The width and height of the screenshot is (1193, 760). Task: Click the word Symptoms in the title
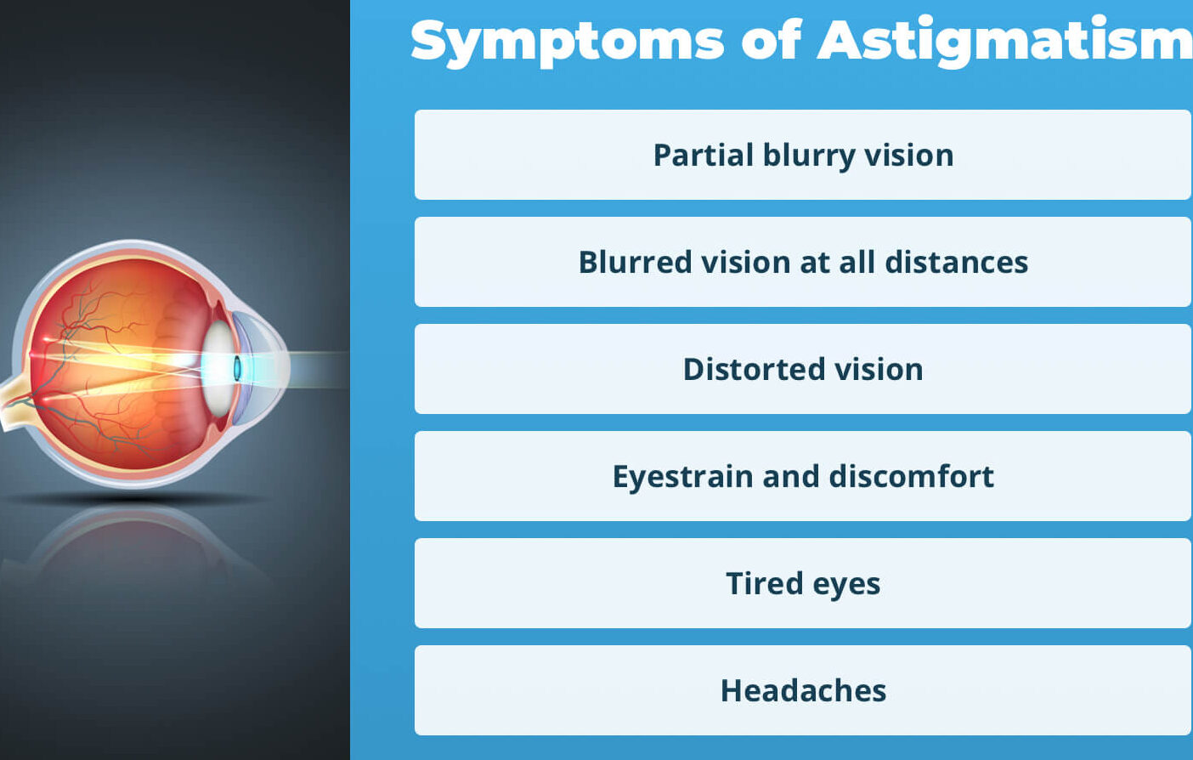(567, 41)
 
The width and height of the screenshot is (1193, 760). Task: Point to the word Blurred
(635, 263)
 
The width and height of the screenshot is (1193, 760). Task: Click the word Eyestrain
(682, 477)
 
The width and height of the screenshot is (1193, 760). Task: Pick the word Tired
(764, 584)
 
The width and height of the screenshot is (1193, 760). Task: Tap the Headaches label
(803, 691)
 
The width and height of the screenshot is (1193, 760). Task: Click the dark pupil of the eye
(237, 368)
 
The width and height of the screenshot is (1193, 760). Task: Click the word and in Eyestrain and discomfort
(790, 477)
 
